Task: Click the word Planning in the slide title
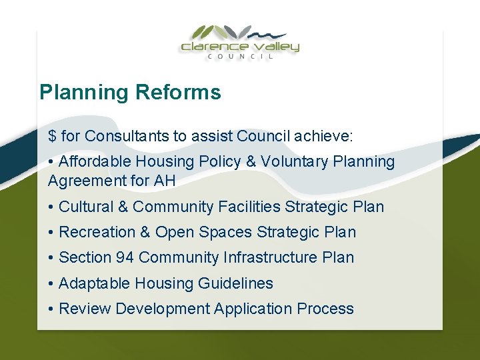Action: coord(85,93)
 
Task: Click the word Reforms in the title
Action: coord(178,92)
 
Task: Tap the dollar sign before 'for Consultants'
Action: coord(52,137)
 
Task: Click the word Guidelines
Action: coord(239,283)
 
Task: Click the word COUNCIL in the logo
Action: coord(239,57)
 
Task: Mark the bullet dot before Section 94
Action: coord(51,258)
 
